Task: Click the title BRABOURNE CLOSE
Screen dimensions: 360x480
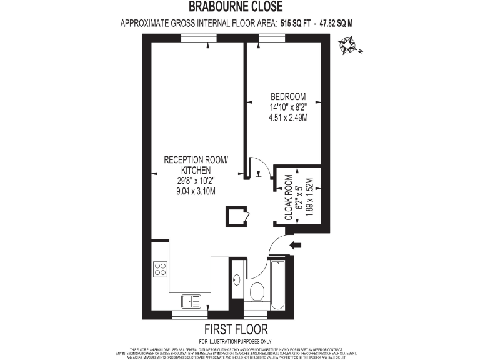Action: [236, 7]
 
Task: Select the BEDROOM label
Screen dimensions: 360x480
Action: [287, 97]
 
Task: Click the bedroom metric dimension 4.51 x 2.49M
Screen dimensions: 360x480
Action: [287, 117]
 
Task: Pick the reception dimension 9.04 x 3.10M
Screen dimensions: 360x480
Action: [196, 192]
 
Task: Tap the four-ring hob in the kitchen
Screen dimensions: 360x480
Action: [160, 269]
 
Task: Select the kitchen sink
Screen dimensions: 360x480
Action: [191, 301]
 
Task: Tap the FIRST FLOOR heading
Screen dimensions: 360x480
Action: [236, 329]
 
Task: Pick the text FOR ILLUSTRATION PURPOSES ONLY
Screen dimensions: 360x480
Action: [236, 341]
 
